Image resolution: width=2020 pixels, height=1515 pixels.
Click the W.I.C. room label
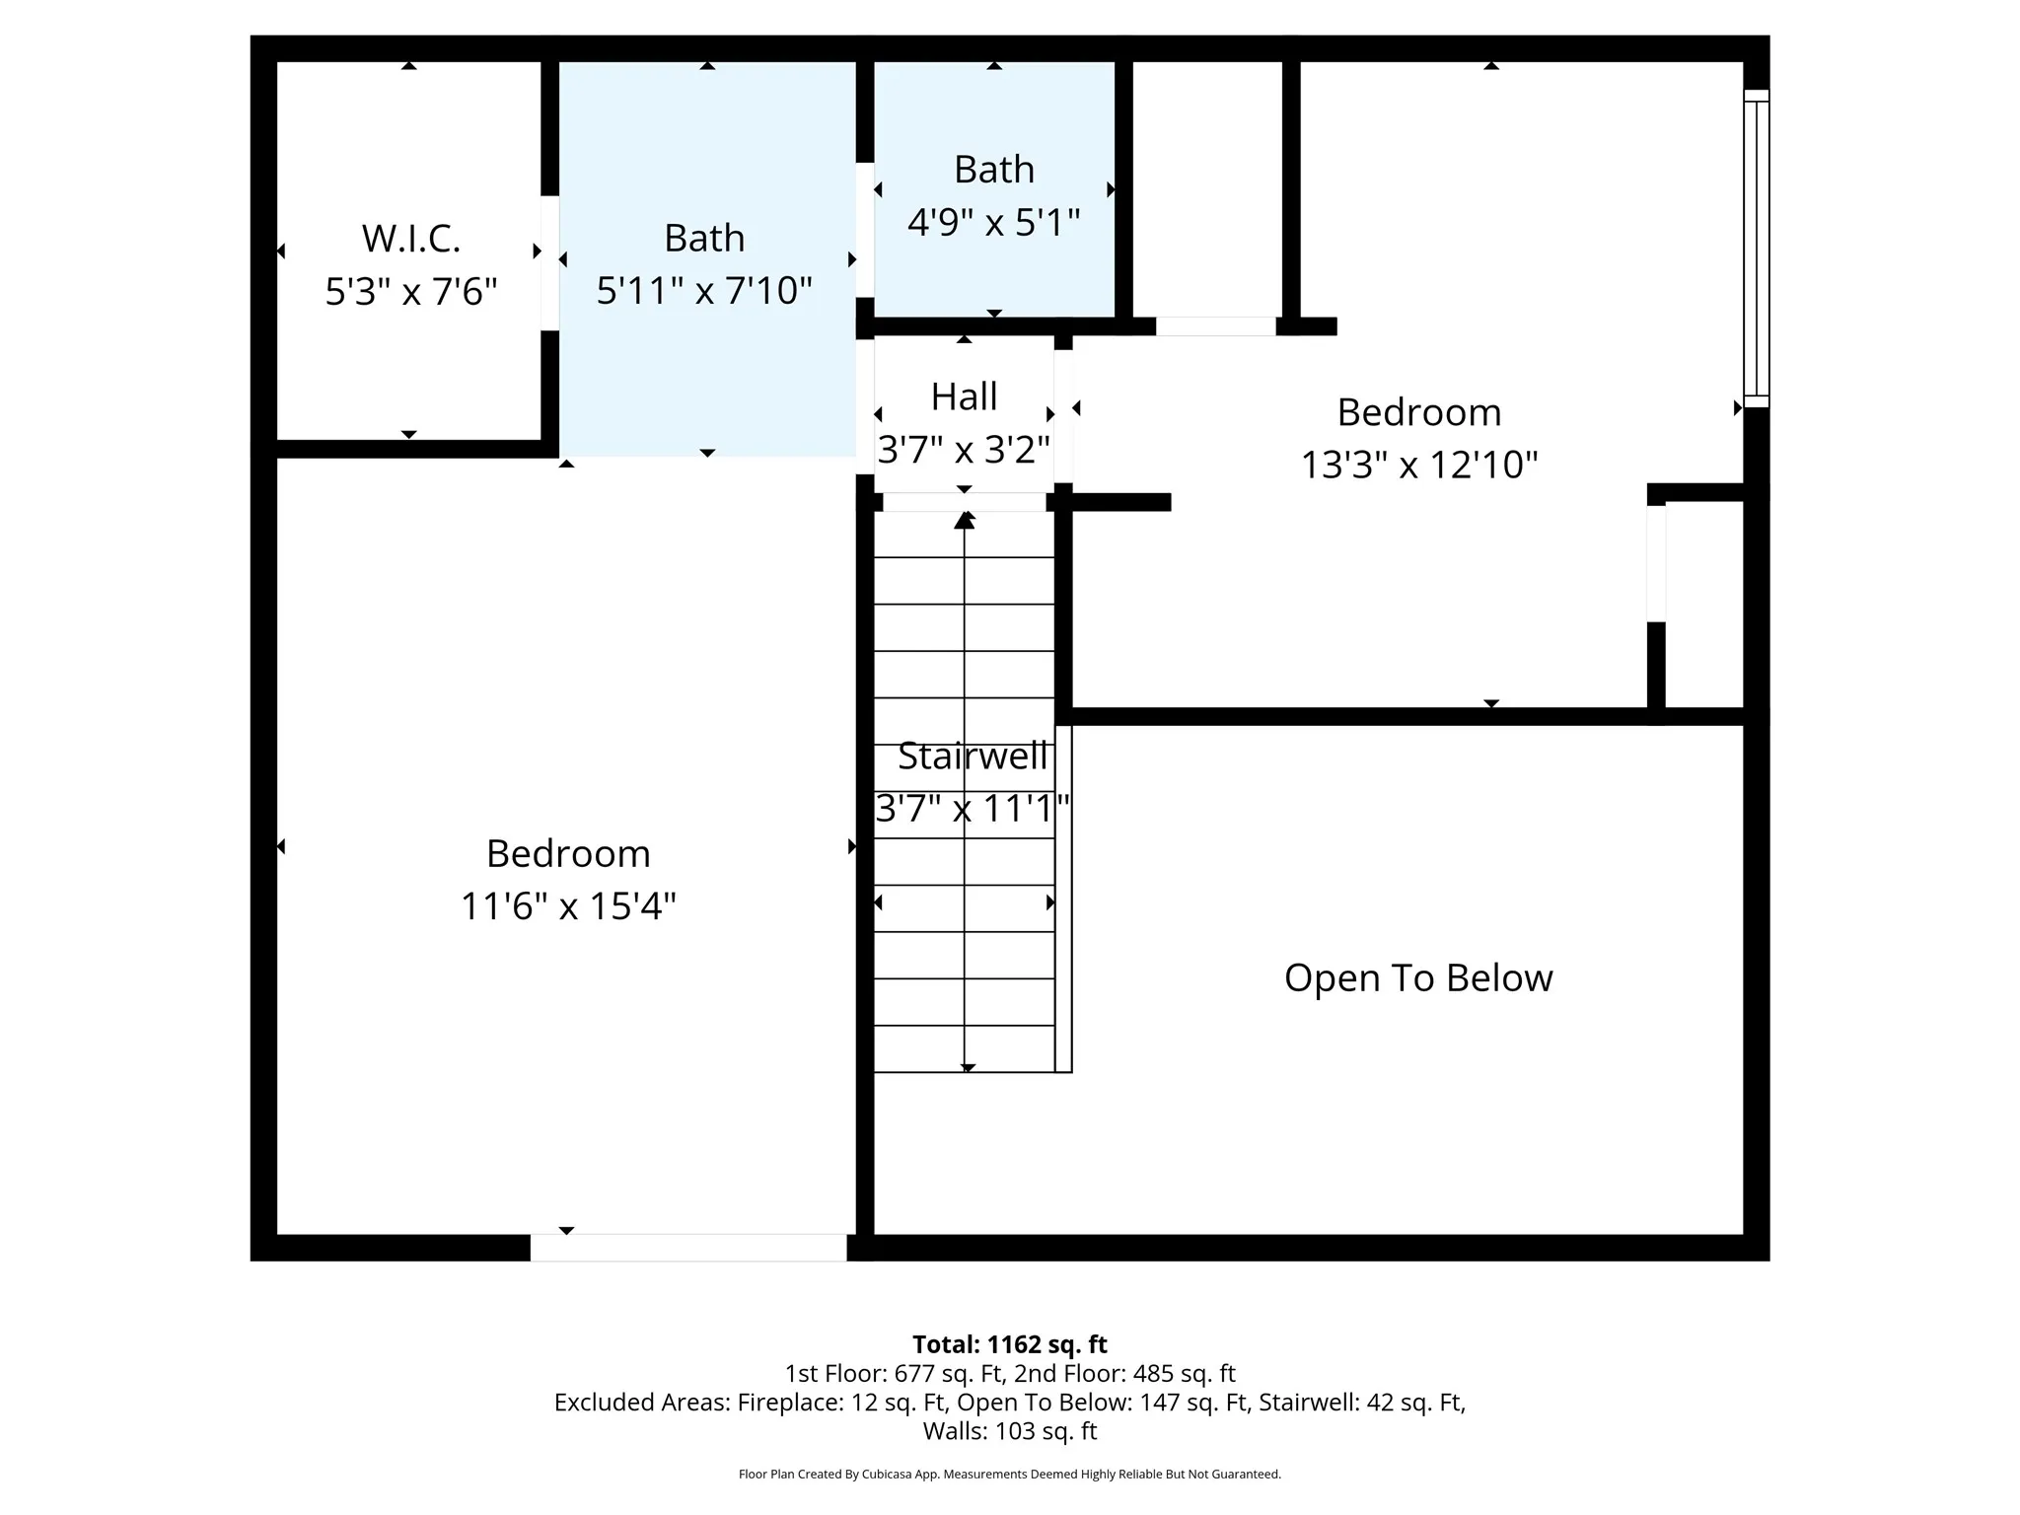[411, 239]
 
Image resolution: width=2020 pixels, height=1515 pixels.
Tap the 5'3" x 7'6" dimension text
[411, 291]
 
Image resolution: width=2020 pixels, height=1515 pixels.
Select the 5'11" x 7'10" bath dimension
[704, 291]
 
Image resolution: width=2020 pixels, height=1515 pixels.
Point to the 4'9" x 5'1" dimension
[994, 223]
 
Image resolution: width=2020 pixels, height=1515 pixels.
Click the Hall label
[965, 397]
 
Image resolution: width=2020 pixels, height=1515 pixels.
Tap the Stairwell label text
[973, 757]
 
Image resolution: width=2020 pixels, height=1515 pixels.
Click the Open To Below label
[1418, 978]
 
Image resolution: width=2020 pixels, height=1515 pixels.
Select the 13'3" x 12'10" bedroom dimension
[1419, 465]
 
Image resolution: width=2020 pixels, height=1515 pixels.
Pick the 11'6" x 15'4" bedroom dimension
[568, 905]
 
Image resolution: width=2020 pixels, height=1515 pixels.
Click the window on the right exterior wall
[1757, 249]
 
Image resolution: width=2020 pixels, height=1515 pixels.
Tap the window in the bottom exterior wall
[688, 1248]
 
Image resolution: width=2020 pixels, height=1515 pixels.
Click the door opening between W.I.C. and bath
[550, 263]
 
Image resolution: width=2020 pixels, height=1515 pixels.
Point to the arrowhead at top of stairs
[965, 520]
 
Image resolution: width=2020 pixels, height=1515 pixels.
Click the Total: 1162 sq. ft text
[1010, 1344]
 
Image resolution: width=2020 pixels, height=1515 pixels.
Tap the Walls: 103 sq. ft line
[1010, 1431]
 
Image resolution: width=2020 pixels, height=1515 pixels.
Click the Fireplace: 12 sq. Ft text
[843, 1403]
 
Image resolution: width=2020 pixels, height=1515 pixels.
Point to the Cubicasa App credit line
[1010, 1475]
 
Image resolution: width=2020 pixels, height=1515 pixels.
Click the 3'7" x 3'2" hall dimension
[965, 450]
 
